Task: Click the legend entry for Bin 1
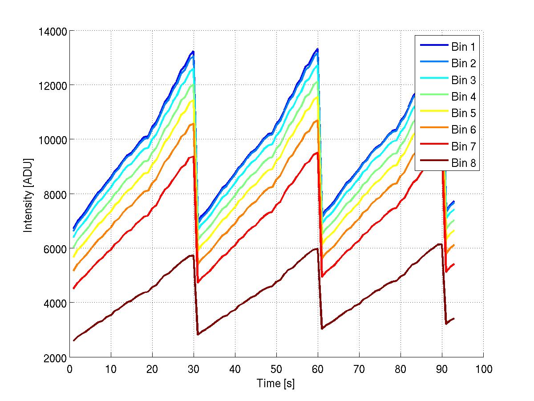click(x=463, y=47)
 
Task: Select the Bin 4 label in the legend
click(x=463, y=97)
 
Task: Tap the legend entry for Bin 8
click(x=463, y=163)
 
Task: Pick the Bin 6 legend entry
click(x=463, y=130)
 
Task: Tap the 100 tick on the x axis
click(x=483, y=369)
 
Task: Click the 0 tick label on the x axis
click(x=70, y=369)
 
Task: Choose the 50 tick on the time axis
click(x=276, y=369)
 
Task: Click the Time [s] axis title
click(x=276, y=383)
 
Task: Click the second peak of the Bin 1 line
click(x=317, y=49)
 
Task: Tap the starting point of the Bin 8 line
click(x=74, y=340)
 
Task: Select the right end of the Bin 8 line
click(x=454, y=319)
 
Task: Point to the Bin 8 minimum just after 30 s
click(x=198, y=334)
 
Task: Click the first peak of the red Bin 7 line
click(x=194, y=156)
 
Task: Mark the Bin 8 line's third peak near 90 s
click(x=441, y=244)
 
